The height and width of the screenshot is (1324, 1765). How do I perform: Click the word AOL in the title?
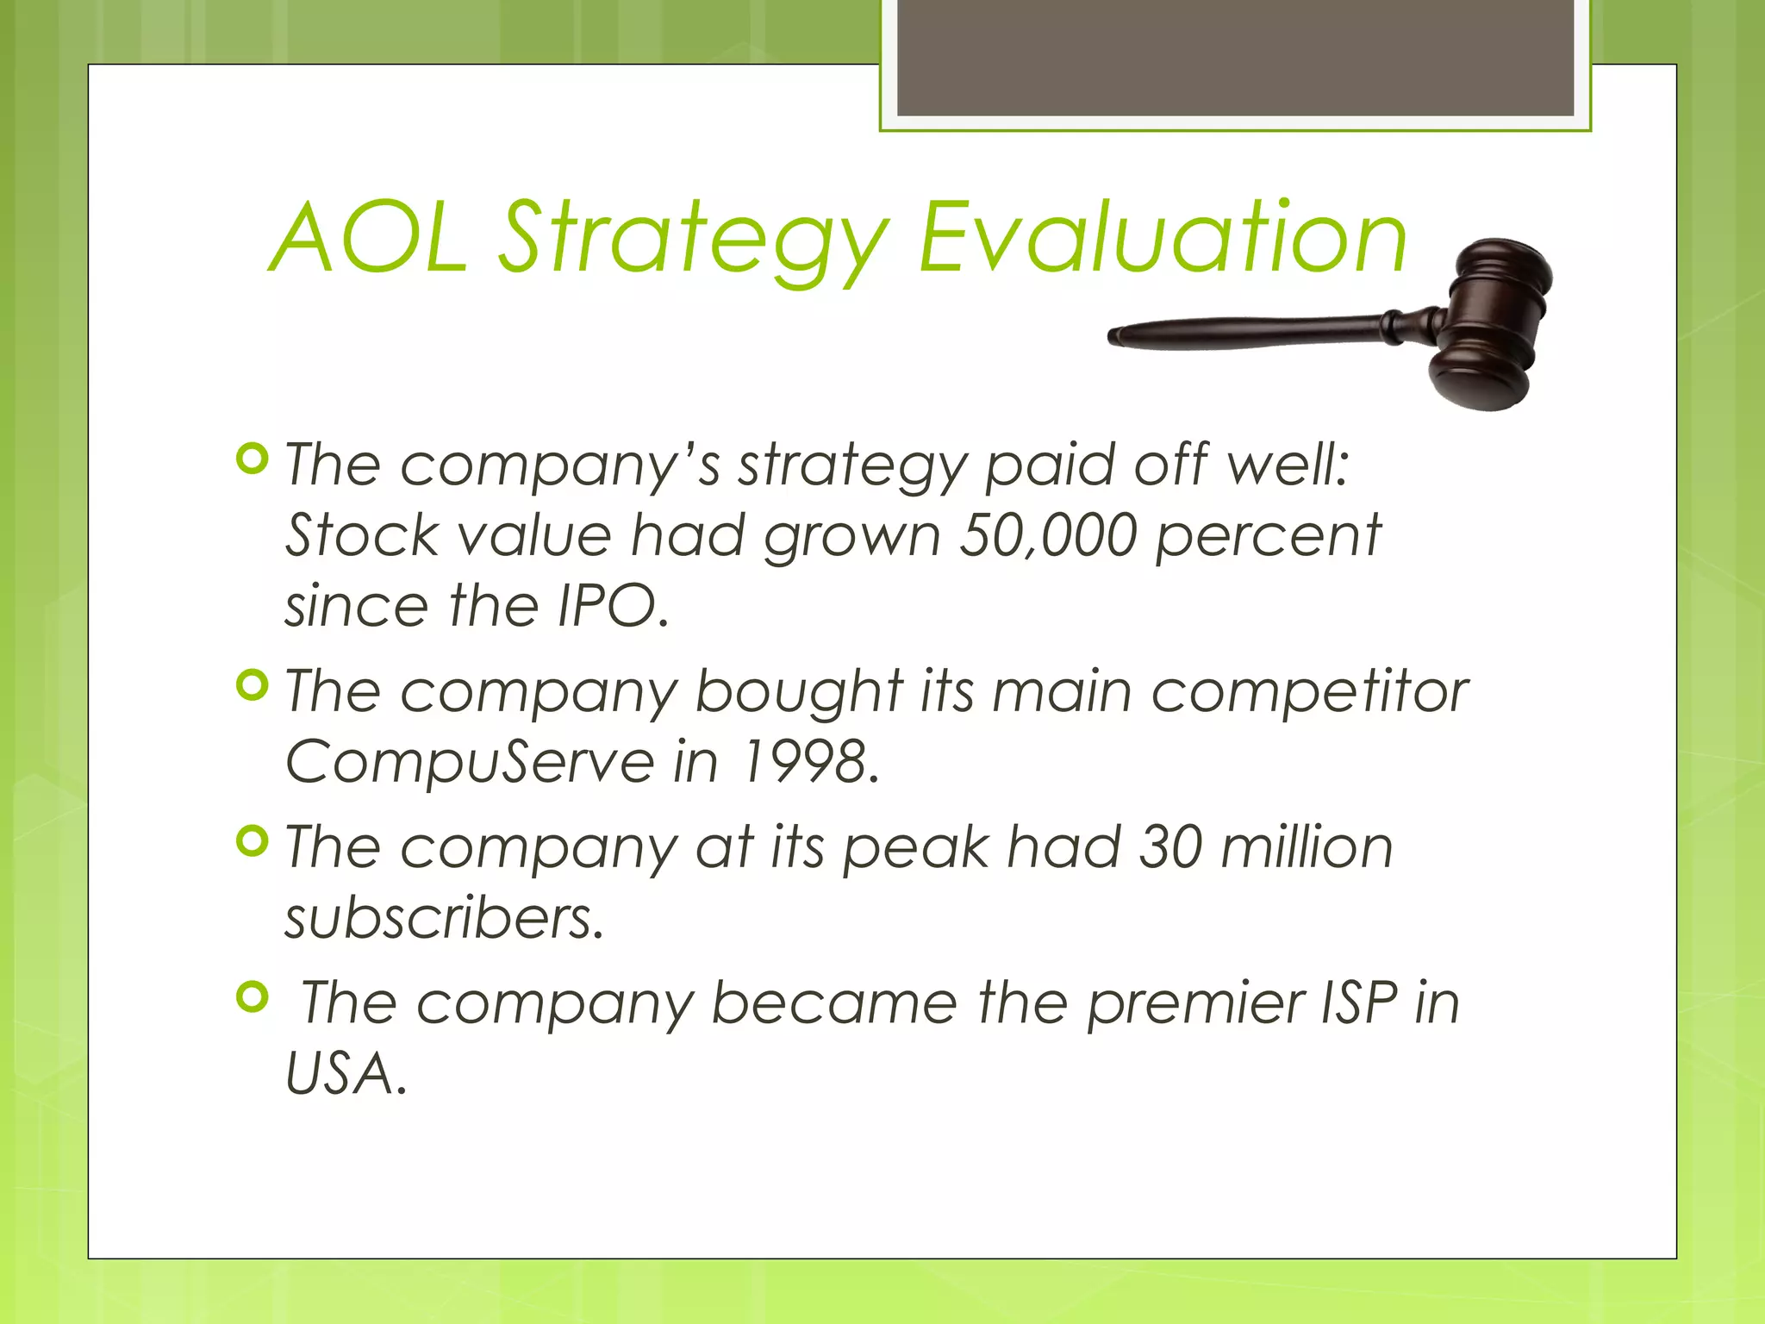click(369, 238)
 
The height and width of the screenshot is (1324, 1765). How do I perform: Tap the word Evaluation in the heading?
click(1163, 238)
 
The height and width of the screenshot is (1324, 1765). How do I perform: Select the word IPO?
click(612, 606)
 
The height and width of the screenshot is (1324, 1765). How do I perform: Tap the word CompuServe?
click(471, 762)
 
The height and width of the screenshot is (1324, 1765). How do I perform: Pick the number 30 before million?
click(1170, 846)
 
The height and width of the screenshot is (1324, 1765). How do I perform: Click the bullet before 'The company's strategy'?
click(252, 459)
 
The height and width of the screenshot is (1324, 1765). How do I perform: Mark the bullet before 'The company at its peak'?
click(252, 841)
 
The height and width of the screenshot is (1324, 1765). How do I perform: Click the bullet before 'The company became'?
click(252, 997)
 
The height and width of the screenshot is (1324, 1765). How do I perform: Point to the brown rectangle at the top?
click(1235, 57)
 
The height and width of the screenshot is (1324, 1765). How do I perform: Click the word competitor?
click(1310, 691)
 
